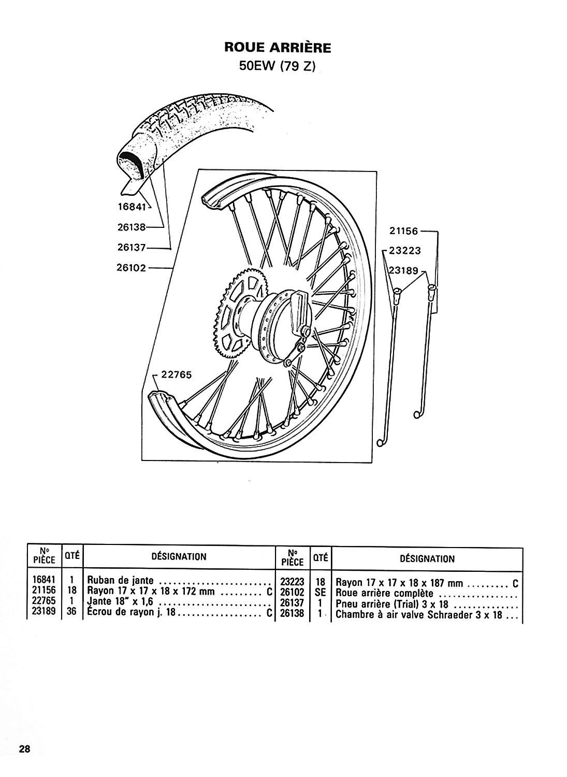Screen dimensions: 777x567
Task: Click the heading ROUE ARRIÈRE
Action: pos(278,48)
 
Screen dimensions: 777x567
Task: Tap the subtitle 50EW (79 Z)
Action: pos(278,67)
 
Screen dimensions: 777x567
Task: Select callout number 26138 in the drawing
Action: pos(132,227)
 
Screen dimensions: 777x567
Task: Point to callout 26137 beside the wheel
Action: pos(132,248)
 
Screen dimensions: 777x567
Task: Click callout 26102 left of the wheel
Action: pos(132,268)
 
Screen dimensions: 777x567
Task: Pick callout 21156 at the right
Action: pos(404,232)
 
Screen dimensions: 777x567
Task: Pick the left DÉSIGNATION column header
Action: pos(178,557)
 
